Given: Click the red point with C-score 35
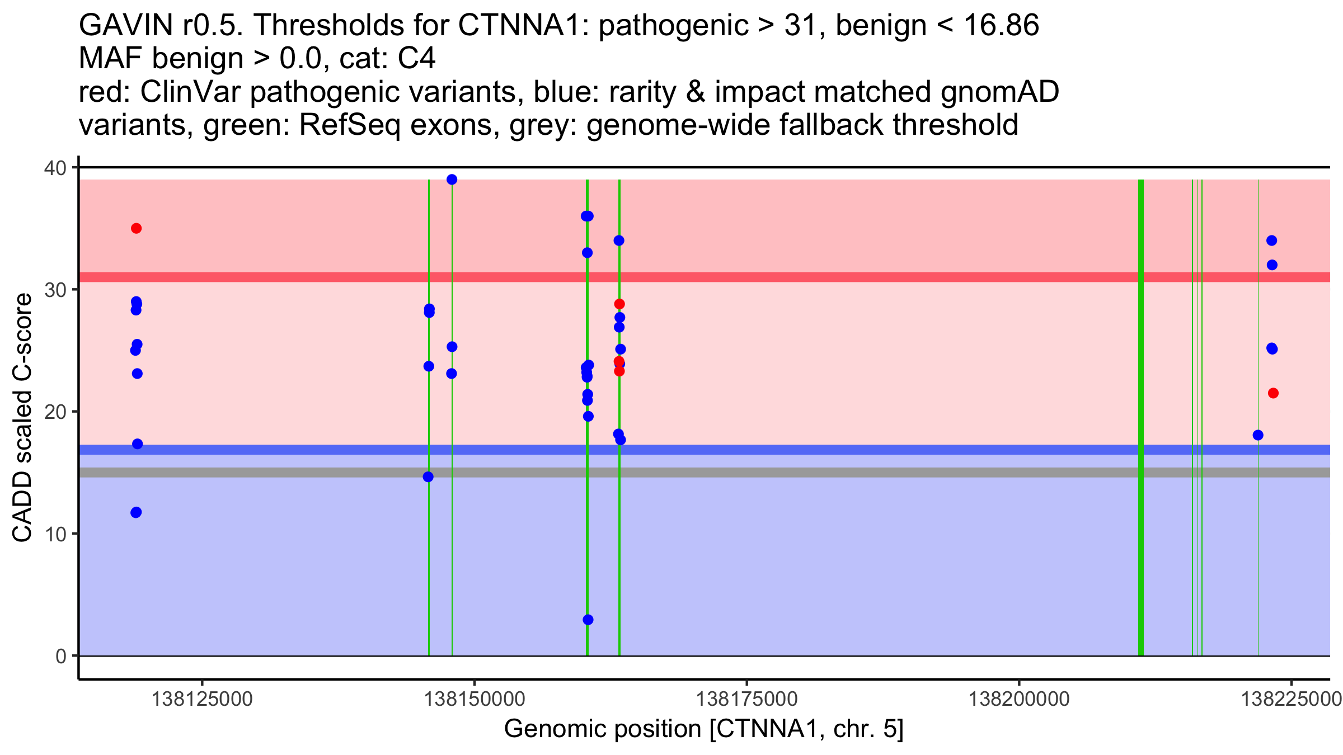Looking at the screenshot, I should pos(136,228).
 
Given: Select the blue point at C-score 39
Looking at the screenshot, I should pos(452,180).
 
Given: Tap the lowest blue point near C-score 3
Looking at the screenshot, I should pos(588,620).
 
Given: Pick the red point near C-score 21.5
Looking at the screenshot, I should pos(1273,393).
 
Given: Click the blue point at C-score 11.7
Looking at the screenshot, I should pos(136,512).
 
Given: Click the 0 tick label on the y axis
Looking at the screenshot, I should pos(61,656).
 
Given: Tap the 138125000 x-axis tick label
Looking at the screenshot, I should pos(202,700).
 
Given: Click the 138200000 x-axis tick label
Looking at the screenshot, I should pos(1019,700).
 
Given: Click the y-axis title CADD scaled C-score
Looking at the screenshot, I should pos(22,418).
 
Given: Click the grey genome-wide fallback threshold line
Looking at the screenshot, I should pos(839,473).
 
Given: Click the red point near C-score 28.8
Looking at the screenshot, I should pos(619,304).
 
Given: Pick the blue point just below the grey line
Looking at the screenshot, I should pos(428,477).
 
